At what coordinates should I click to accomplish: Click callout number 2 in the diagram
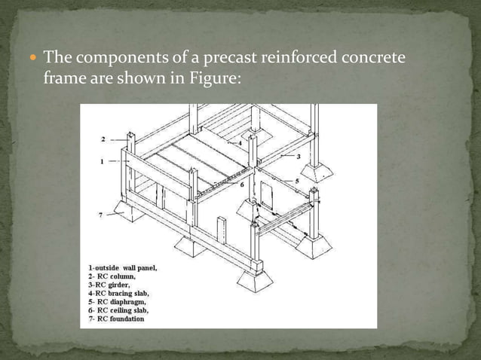[102, 139]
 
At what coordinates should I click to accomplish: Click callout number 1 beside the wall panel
[102, 161]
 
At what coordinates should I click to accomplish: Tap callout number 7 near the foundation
[100, 215]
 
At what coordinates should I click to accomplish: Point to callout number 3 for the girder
[299, 156]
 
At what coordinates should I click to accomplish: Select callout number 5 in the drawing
[297, 182]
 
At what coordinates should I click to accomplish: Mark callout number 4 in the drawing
[240, 142]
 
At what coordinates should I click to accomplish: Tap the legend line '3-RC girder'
[109, 285]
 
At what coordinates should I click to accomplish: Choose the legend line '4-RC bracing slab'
[118, 293]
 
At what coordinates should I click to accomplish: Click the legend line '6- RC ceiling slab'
[118, 310]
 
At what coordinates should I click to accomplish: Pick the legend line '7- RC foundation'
[117, 318]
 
